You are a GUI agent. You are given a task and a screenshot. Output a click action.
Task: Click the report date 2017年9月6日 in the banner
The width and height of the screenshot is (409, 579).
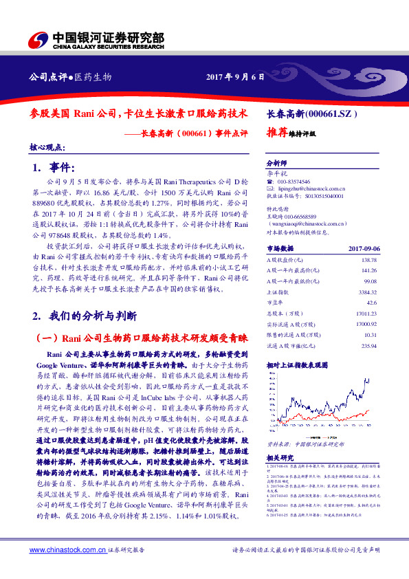(x=235, y=76)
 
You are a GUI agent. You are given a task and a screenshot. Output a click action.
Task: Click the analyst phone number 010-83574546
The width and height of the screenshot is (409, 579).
(x=294, y=179)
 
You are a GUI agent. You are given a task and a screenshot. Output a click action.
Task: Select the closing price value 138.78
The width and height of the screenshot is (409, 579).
(x=369, y=260)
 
